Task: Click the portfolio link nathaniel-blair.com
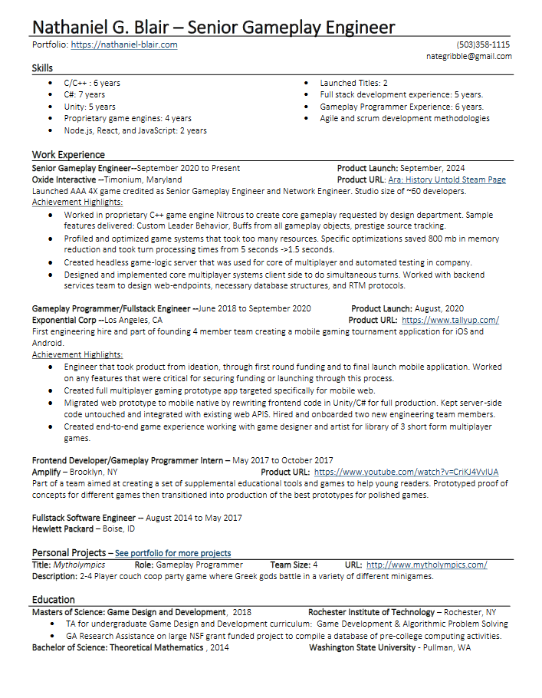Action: (124, 45)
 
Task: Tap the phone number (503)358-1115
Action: (483, 45)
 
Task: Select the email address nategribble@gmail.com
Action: (469, 57)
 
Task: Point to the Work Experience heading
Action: (68, 155)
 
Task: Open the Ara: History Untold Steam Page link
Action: (447, 179)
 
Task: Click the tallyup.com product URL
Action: (450, 320)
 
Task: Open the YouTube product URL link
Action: (406, 472)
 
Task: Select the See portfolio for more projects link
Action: (172, 553)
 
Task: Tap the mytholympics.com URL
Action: (426, 565)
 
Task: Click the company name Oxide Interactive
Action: (64, 179)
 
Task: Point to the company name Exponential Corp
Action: (64, 320)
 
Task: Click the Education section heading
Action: (54, 600)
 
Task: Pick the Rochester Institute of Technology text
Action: (371, 612)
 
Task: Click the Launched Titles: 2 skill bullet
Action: (353, 83)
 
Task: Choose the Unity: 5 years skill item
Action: (90, 107)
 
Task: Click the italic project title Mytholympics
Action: (79, 565)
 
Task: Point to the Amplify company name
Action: (45, 472)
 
